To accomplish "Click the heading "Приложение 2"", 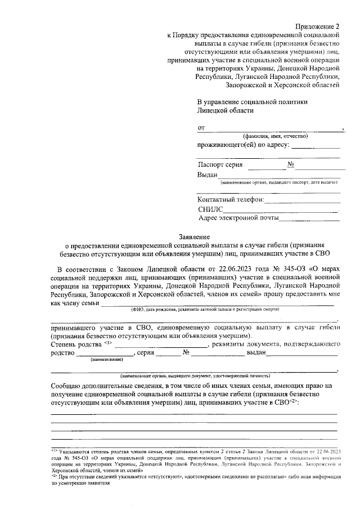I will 318,26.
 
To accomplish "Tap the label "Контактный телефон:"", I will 231,199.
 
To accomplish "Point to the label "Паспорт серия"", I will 220,165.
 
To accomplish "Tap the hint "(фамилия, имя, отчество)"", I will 276,137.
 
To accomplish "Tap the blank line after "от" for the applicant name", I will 273,129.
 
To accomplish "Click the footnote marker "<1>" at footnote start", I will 54,451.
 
